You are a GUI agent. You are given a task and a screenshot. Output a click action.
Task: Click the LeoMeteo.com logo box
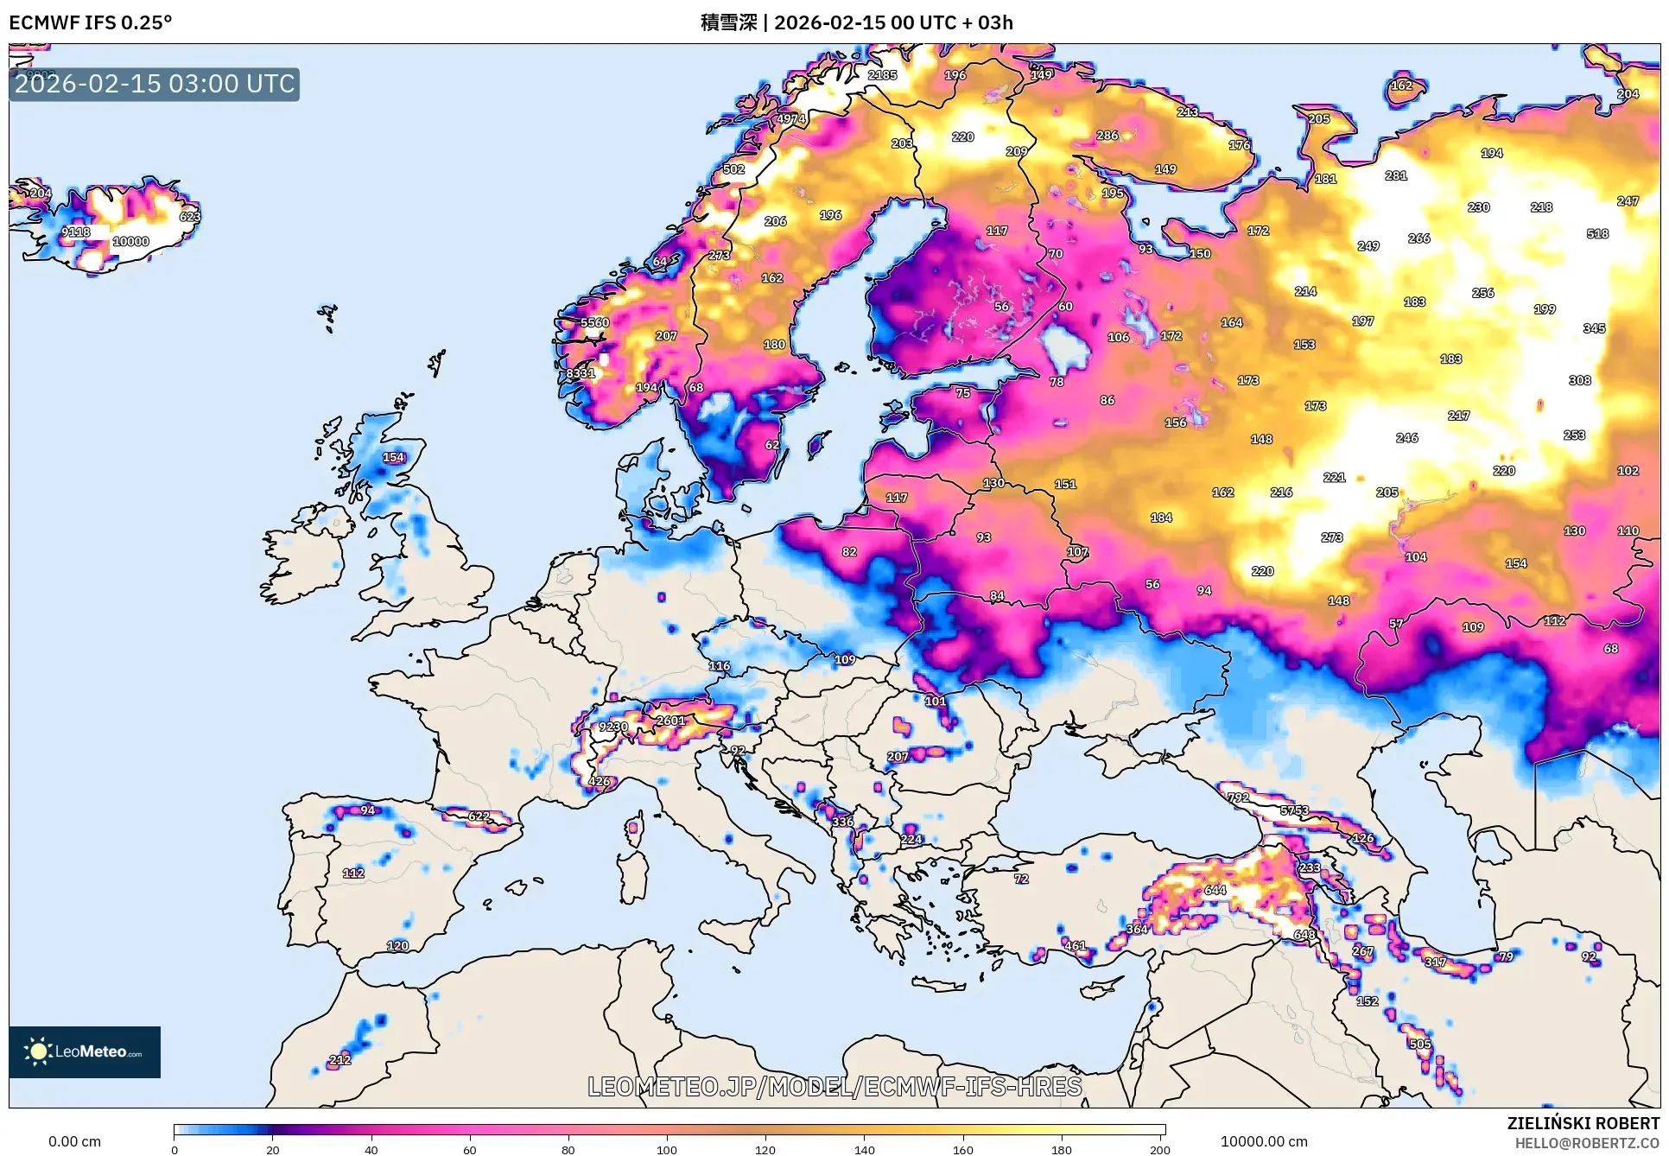(x=85, y=1051)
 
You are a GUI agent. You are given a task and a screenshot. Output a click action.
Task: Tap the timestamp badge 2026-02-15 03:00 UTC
(x=155, y=84)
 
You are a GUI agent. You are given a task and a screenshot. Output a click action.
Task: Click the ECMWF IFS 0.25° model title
(x=91, y=22)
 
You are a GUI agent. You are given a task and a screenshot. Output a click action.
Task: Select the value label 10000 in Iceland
(x=130, y=242)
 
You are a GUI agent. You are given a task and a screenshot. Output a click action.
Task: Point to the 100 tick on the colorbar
(x=667, y=1149)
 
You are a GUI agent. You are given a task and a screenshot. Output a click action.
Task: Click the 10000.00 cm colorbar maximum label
(x=1264, y=1141)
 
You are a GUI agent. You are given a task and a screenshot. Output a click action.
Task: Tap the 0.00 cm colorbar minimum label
(x=74, y=1141)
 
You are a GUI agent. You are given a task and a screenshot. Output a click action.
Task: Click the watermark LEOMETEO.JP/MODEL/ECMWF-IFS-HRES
(x=834, y=1086)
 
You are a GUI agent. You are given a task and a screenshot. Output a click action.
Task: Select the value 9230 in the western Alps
(x=613, y=727)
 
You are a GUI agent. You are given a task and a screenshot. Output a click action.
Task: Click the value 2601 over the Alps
(x=670, y=721)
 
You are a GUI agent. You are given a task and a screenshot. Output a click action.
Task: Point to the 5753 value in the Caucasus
(x=1294, y=810)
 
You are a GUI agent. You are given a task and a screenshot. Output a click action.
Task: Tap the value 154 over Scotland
(x=393, y=457)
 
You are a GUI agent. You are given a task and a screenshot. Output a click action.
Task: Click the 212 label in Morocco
(x=340, y=1059)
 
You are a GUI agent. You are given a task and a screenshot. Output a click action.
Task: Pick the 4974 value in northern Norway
(x=790, y=119)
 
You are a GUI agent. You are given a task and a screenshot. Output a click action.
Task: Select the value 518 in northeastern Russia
(x=1597, y=233)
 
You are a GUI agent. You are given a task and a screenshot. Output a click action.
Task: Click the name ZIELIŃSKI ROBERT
(x=1583, y=1123)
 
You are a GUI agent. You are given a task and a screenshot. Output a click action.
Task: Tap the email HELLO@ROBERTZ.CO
(x=1587, y=1143)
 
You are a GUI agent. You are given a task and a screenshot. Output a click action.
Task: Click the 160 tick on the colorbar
(x=963, y=1149)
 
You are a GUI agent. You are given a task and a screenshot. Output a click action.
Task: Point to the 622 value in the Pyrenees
(x=479, y=816)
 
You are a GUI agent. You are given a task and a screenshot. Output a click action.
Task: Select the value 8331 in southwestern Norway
(x=581, y=373)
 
